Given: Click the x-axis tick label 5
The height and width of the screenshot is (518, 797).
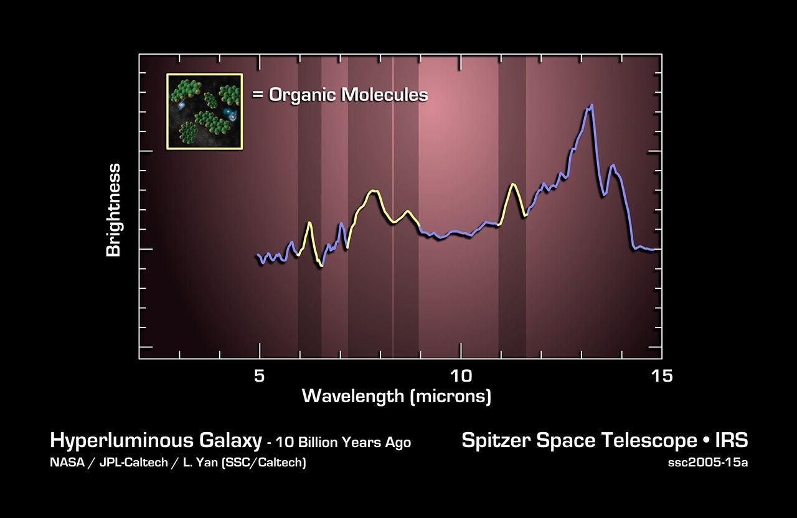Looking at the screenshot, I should [x=260, y=376].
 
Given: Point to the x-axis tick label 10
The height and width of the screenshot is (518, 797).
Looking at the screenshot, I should [x=461, y=376].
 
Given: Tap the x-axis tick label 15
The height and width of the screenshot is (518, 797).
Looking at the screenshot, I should [x=662, y=376].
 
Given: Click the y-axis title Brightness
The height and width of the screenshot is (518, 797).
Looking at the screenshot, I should [x=113, y=210].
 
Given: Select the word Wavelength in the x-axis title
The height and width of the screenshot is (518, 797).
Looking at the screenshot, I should [x=353, y=396].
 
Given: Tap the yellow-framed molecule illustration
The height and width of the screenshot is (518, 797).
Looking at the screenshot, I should [x=204, y=111].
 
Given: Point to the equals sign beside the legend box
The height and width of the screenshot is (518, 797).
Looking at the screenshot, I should [x=258, y=95].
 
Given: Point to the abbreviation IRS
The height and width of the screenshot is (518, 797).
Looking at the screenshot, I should [x=732, y=441].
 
